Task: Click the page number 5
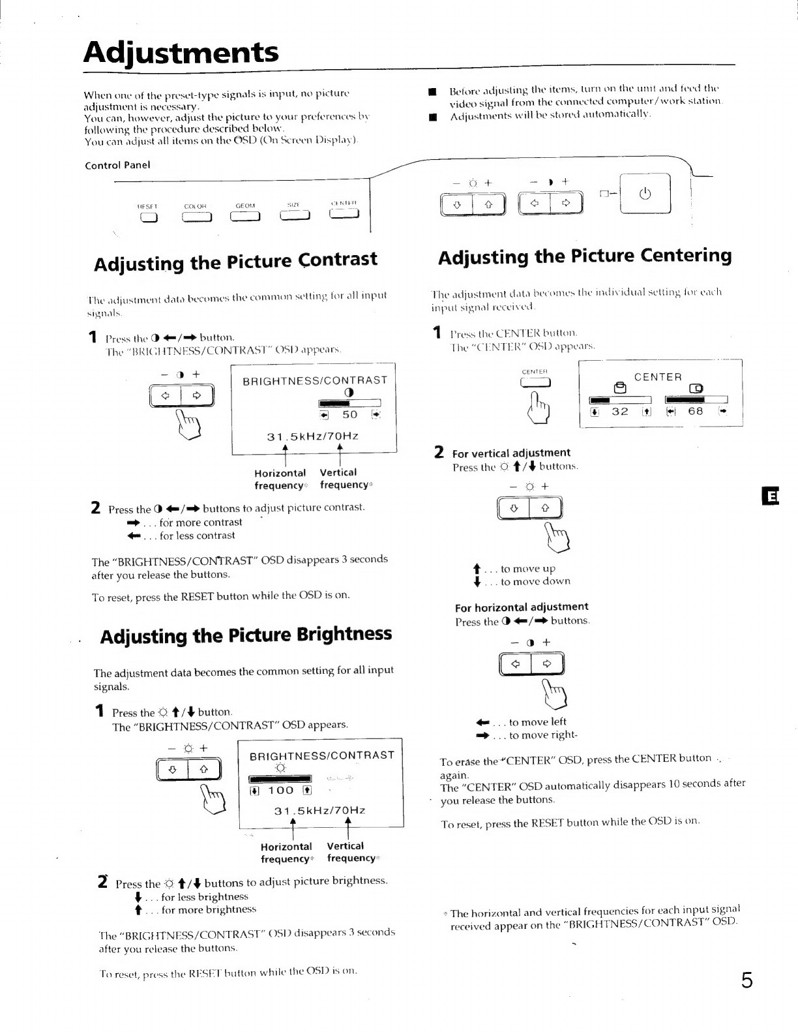pyautogui.click(x=746, y=980)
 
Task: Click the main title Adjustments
pyautogui.click(x=181, y=52)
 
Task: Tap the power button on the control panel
pyautogui.click(x=645, y=195)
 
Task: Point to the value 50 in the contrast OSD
pyautogui.click(x=350, y=415)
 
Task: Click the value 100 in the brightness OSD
pyautogui.click(x=281, y=791)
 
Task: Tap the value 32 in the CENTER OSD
pyautogui.click(x=620, y=412)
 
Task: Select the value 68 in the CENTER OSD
pyautogui.click(x=696, y=412)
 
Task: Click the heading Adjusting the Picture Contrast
pyautogui.click(x=235, y=261)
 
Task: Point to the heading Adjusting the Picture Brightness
pyautogui.click(x=246, y=635)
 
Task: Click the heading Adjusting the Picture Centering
pyautogui.click(x=585, y=256)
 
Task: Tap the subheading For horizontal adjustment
pyautogui.click(x=522, y=607)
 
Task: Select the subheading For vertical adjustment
pyautogui.click(x=511, y=453)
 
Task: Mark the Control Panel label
pyautogui.click(x=117, y=165)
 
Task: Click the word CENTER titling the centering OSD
pyautogui.click(x=658, y=377)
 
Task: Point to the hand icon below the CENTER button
pyautogui.click(x=542, y=406)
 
